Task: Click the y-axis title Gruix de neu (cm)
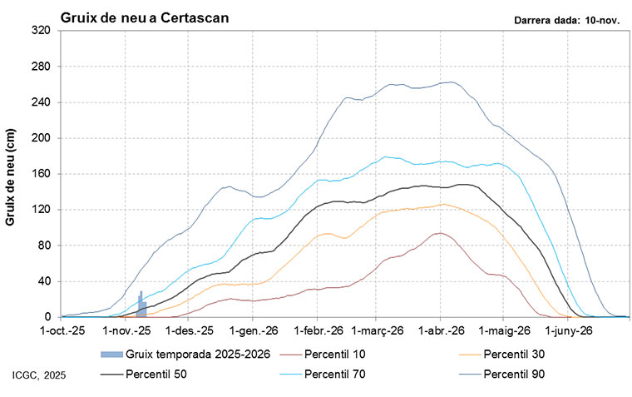pyautogui.click(x=12, y=174)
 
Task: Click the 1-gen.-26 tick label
pyautogui.click(x=254, y=330)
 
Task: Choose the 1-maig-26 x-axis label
pyautogui.click(x=505, y=330)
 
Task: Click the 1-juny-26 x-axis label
pyautogui.click(x=569, y=330)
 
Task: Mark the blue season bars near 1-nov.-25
pyautogui.click(x=141, y=307)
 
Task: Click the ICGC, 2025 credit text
pyautogui.click(x=39, y=377)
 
